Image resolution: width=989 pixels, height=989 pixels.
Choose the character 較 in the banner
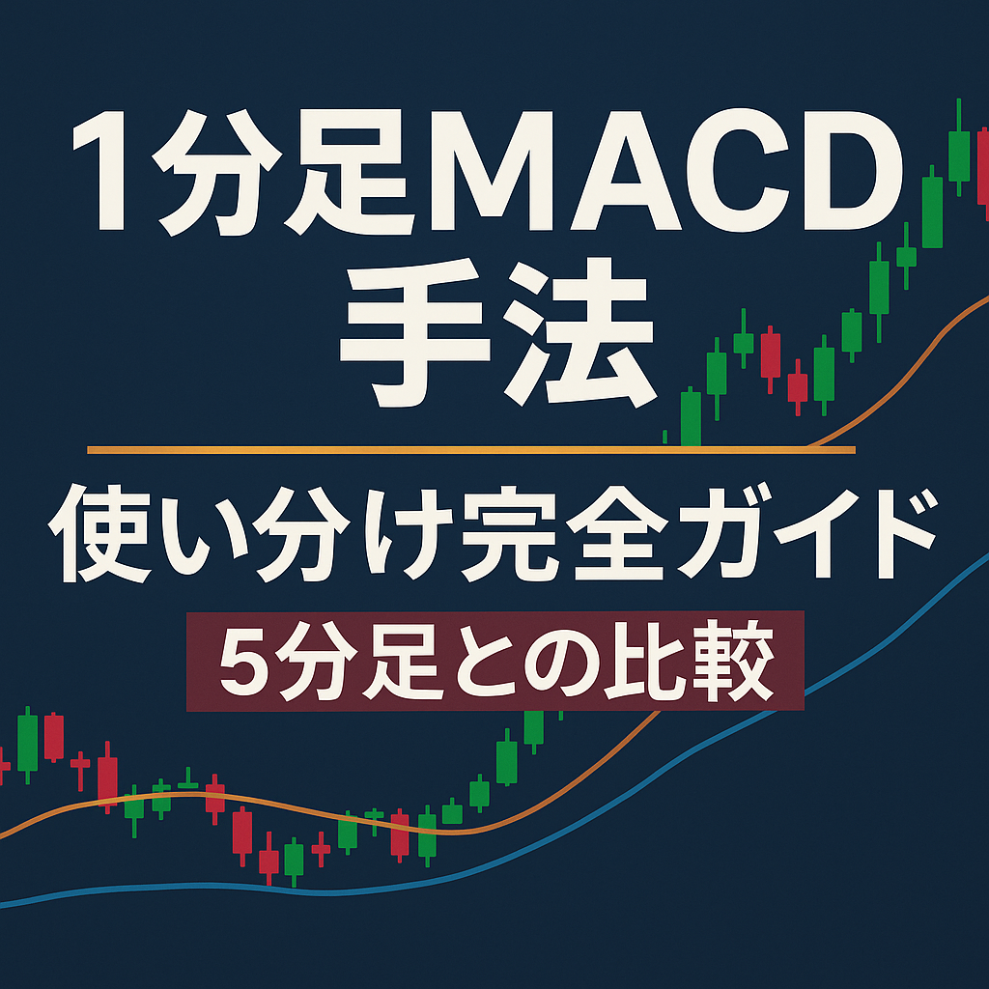coord(740,662)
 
